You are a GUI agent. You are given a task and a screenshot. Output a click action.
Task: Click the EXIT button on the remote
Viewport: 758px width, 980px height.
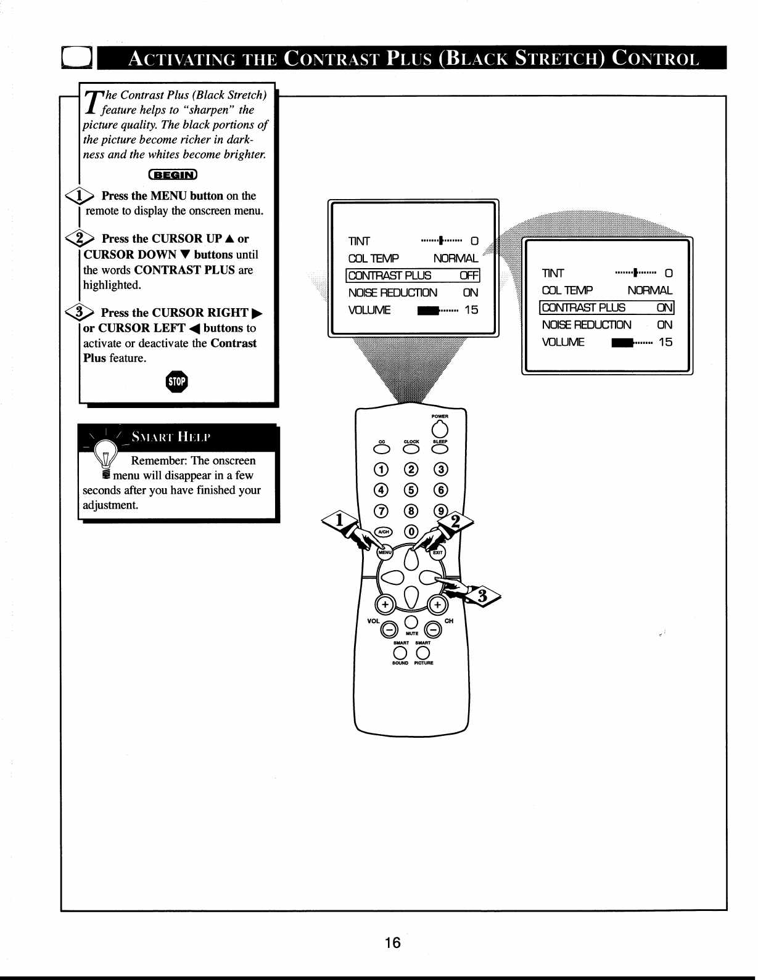tap(438, 552)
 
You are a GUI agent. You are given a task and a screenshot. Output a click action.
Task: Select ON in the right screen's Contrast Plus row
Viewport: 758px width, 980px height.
tap(664, 308)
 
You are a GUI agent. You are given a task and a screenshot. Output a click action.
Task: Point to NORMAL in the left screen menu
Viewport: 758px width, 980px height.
tap(455, 258)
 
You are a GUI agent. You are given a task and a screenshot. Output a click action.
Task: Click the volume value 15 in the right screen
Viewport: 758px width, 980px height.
tap(665, 342)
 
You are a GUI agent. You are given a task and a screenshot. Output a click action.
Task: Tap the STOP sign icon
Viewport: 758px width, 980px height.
tap(177, 382)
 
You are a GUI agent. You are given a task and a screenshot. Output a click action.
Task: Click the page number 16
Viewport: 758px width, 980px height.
tap(392, 942)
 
